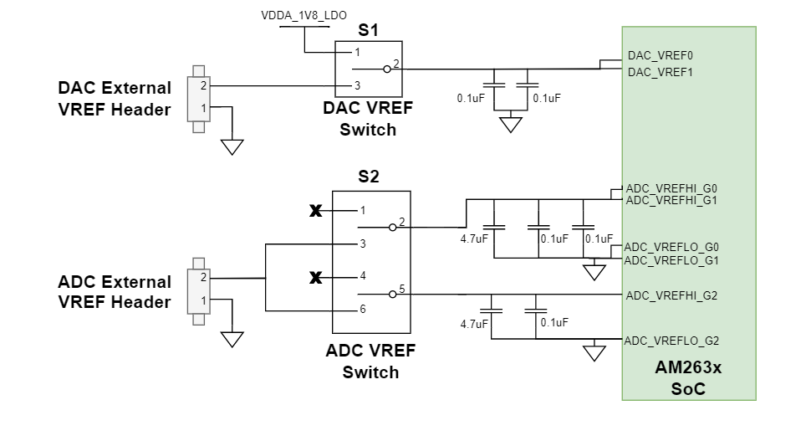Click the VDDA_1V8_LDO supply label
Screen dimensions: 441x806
304,16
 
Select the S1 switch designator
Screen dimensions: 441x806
368,30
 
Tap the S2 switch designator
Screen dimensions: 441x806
368,177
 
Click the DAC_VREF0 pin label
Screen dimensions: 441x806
660,55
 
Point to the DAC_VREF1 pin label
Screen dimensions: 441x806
660,72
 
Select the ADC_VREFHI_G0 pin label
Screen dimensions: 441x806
671,189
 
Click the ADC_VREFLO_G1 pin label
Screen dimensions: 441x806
671,260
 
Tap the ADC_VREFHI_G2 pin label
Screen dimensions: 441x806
671,295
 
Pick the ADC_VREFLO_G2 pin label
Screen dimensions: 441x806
671,341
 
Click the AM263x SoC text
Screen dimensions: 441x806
688,378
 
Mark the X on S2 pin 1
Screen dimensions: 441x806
315,211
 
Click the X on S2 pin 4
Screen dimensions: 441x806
315,277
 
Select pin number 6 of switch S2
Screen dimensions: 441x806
362,310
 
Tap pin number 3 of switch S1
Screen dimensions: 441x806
357,85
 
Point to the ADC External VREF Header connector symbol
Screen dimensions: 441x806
199,290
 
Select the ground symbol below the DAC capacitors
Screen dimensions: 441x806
509,125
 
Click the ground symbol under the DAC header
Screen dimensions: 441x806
232,146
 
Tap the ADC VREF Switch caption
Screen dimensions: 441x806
370,361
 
